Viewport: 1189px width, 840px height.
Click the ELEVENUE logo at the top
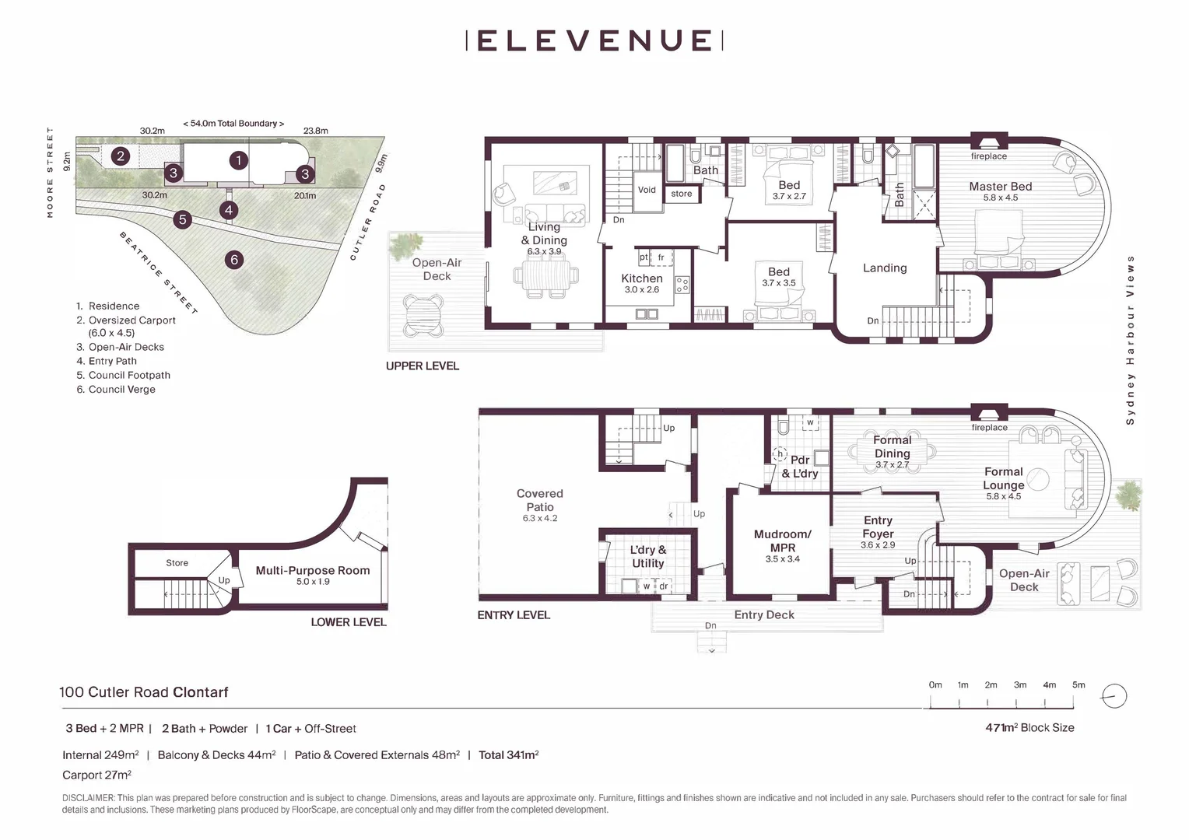(594, 40)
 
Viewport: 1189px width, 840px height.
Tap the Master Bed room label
(1000, 187)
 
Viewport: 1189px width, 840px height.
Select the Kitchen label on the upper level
(641, 278)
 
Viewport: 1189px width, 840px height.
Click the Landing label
(885, 268)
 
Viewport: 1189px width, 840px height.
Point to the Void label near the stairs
(647, 190)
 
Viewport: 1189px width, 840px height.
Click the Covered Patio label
(539, 500)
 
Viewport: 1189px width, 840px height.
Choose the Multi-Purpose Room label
(313, 571)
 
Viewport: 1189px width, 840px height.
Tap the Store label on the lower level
(177, 563)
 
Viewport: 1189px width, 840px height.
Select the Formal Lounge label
(1003, 478)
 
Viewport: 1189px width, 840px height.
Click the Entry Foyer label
(878, 527)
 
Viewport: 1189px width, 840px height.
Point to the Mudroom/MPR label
(782, 541)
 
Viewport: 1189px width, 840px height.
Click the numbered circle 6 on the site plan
(234, 260)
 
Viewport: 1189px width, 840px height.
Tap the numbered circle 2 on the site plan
(120, 156)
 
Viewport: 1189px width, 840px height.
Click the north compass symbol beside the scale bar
(1114, 696)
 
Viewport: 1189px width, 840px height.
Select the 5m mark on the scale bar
(1078, 685)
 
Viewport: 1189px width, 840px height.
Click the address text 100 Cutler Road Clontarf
(144, 692)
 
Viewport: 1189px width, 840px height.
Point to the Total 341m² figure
(508, 754)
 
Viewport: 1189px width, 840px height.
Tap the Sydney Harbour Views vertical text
(1130, 340)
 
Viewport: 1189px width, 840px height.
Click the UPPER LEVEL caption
(423, 366)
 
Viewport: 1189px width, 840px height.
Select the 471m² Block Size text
(1029, 728)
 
